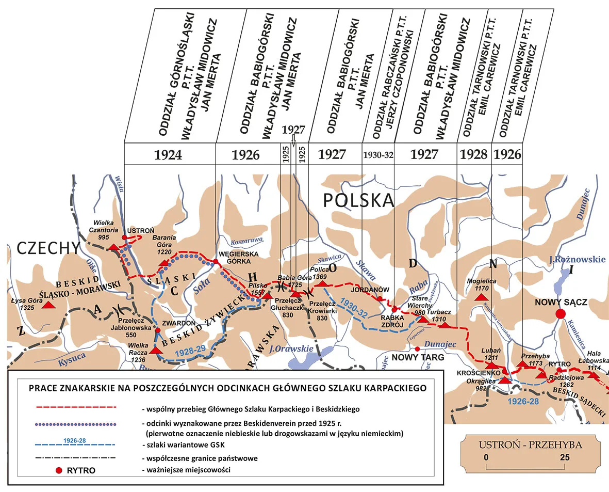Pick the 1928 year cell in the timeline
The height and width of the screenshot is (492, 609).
[474, 154]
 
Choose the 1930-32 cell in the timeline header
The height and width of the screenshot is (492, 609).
[378, 154]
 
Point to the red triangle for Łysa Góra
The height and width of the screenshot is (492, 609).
[48, 305]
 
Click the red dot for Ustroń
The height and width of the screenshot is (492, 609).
[124, 237]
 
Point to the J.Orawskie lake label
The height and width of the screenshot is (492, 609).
[291, 349]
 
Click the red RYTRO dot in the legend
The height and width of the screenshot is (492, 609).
[59, 470]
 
